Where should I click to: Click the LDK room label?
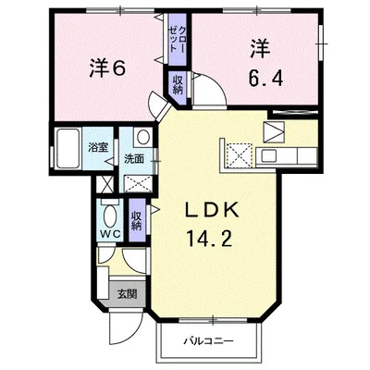click(x=212, y=210)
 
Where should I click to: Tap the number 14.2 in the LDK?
click(x=208, y=239)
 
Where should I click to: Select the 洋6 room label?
click(x=107, y=68)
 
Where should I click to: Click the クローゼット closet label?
click(x=178, y=39)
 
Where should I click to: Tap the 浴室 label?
click(x=98, y=147)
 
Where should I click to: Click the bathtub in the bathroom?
click(x=68, y=149)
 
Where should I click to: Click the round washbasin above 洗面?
click(x=143, y=137)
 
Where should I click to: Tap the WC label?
click(x=111, y=234)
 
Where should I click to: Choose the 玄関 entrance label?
click(x=127, y=294)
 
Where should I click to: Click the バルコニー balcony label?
click(x=209, y=341)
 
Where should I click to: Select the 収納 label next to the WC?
click(x=136, y=221)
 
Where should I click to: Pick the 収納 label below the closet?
click(x=178, y=85)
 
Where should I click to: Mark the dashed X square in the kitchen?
click(x=240, y=155)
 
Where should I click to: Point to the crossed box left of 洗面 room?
click(x=105, y=184)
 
